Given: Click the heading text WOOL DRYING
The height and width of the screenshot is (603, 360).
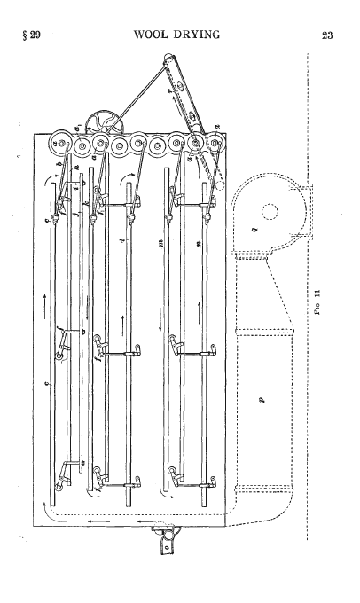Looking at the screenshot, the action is click(176, 35).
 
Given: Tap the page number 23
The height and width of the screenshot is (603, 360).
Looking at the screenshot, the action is click(327, 35).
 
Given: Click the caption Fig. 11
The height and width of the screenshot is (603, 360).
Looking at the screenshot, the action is click(317, 301).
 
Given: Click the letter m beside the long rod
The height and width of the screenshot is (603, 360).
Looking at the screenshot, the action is click(160, 243).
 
